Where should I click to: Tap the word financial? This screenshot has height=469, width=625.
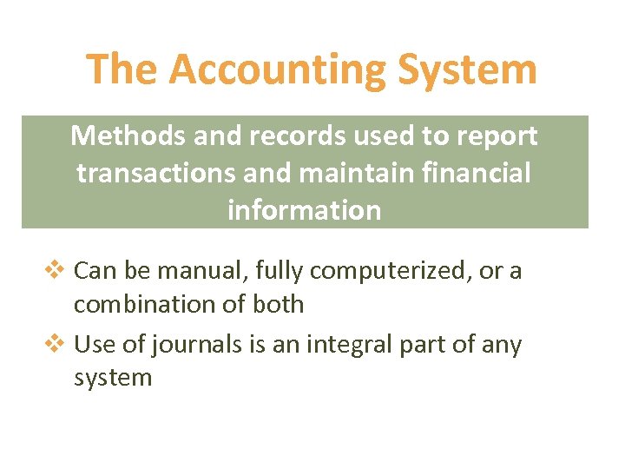coord(476,174)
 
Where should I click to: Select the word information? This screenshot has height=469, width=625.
coord(304,210)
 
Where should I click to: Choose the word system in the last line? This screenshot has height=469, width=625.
coord(112,379)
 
